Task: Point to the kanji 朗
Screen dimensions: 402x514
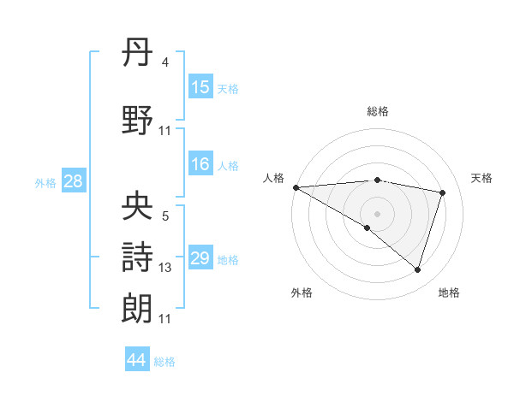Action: click(x=138, y=306)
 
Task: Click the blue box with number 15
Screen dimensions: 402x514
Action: click(x=200, y=87)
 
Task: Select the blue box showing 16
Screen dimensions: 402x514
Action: click(x=200, y=164)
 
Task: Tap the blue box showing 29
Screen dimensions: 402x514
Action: click(x=200, y=258)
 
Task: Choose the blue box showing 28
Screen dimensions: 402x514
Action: click(x=73, y=181)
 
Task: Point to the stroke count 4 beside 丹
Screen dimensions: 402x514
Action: click(x=164, y=62)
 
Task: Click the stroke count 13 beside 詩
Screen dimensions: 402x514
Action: click(x=165, y=268)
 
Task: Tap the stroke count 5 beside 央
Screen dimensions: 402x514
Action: click(x=164, y=216)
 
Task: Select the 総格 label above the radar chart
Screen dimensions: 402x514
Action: click(x=377, y=111)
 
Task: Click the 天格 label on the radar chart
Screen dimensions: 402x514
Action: click(x=482, y=178)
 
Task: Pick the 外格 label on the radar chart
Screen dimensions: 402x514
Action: click(x=302, y=293)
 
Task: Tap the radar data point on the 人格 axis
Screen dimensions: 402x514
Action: click(x=296, y=187)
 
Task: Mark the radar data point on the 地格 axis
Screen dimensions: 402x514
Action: click(x=417, y=269)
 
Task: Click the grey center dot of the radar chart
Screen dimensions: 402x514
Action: click(x=377, y=213)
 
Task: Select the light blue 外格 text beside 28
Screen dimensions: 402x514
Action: click(x=45, y=182)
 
